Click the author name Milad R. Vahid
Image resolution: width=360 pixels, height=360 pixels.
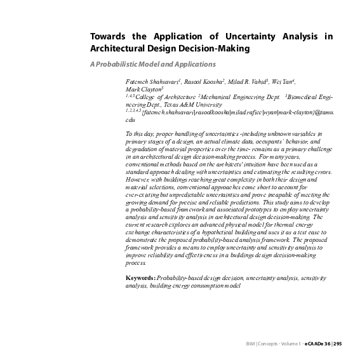(248, 83)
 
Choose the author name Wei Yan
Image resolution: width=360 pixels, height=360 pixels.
(284, 83)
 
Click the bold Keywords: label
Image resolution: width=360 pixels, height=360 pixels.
(140, 279)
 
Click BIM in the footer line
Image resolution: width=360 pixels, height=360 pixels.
(250, 343)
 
